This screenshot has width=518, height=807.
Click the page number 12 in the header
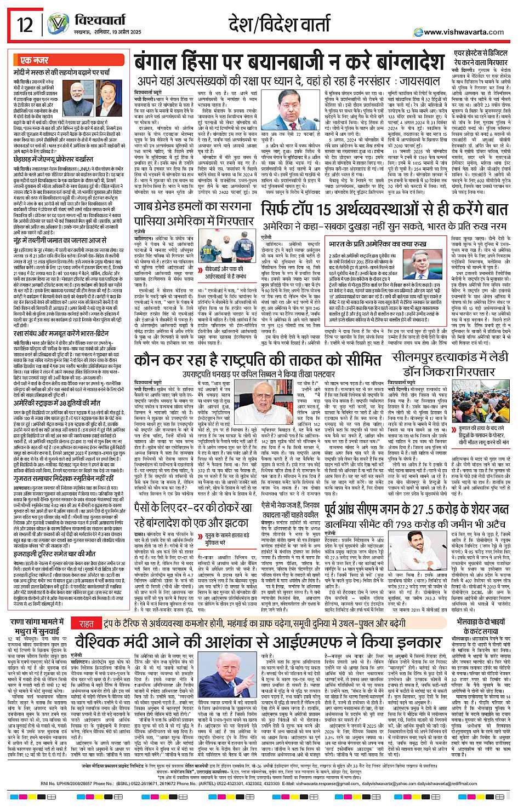pyautogui.click(x=25, y=25)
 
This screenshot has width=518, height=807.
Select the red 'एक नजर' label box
pyautogui.click(x=34, y=60)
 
